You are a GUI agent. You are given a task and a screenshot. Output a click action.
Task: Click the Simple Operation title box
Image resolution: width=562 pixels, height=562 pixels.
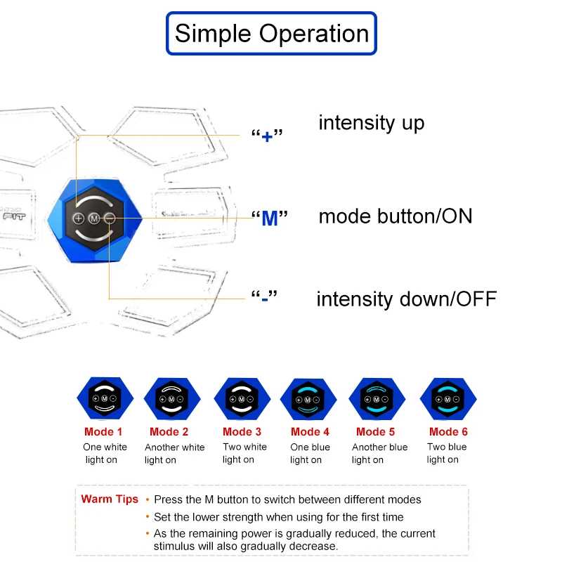coord(271,33)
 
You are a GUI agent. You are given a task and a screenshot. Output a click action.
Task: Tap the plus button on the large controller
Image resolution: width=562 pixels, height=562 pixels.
coord(79,218)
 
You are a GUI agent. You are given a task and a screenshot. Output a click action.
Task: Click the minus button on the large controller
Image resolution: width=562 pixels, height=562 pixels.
coord(110,218)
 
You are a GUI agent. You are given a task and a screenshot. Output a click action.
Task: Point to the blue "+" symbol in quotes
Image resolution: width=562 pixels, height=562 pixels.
coord(267,136)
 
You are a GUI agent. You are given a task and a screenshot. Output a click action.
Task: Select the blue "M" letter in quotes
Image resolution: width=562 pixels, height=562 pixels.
coord(270,218)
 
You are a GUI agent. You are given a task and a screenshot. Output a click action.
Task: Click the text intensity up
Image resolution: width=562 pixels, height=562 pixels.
coord(372,123)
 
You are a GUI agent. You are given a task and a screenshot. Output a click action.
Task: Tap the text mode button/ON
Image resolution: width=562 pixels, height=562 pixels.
coord(396,216)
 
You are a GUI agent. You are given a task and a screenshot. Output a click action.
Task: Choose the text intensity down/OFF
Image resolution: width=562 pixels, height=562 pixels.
coord(407,299)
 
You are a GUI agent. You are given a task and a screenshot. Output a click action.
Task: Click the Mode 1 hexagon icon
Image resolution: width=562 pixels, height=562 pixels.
coord(105,398)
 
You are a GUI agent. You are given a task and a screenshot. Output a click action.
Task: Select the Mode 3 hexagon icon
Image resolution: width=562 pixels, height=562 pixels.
coord(242,398)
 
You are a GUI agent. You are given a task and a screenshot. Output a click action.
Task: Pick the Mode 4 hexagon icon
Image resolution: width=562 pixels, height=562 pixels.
coord(308,399)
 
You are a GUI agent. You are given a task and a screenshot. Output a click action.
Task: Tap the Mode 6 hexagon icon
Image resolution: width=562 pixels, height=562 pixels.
coord(448,398)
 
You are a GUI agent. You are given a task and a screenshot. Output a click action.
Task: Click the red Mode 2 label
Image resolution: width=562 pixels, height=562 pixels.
coord(169,432)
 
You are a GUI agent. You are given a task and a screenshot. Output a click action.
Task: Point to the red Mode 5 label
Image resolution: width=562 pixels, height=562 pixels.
coord(375,432)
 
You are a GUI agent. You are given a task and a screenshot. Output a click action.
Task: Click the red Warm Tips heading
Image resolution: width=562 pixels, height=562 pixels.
coord(110,499)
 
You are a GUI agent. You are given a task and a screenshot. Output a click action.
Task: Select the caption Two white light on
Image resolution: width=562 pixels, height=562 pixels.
coord(244,453)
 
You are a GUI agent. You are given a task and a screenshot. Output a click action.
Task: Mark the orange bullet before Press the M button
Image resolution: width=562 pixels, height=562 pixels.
coord(148,499)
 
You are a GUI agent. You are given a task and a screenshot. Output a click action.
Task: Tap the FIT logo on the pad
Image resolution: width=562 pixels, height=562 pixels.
coord(14,216)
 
